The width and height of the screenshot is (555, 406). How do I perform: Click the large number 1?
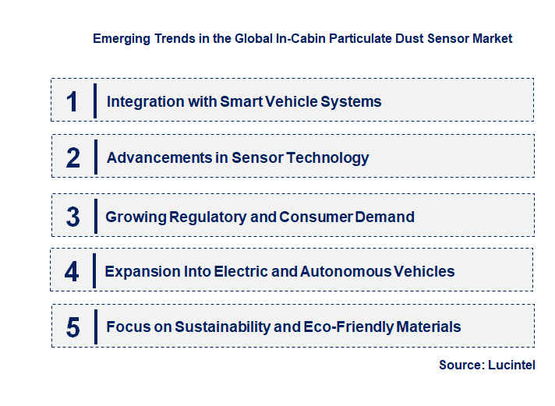coord(72,101)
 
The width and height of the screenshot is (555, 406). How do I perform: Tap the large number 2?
coord(73,157)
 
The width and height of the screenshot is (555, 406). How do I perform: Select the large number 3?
coord(72,217)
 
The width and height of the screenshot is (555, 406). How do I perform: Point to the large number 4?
coord(72,271)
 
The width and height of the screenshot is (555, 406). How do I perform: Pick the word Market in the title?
coord(492,38)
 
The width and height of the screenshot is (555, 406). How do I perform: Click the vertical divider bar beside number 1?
coord(94,101)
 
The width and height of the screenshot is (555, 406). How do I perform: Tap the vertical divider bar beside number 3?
coord(94,216)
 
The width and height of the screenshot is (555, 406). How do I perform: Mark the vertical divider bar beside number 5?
coord(94,327)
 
